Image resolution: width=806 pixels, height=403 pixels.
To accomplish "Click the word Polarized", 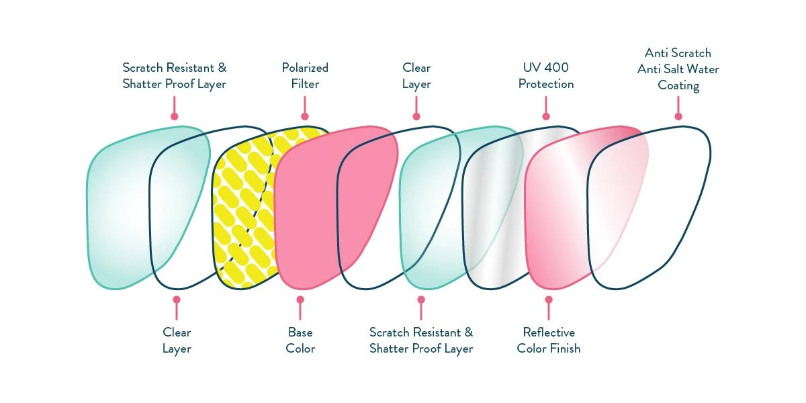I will [305, 68].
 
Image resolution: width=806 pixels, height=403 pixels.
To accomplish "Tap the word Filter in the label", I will [305, 84].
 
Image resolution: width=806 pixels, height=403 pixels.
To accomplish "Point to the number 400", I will [559, 68].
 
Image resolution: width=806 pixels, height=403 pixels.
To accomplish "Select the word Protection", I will [547, 84].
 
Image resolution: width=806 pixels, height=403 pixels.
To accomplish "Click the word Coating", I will [678, 85].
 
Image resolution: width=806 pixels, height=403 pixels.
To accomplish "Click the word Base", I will [300, 332].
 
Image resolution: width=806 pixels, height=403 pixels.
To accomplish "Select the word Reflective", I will [549, 332].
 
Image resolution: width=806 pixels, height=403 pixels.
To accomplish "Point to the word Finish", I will [566, 349].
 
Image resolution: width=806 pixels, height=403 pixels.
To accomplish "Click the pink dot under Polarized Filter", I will [304, 116].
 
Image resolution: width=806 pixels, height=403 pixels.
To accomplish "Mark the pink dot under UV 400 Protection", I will [546, 116].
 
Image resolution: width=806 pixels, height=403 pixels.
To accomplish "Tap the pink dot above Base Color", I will [300, 300].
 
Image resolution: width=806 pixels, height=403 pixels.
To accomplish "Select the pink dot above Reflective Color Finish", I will [549, 300].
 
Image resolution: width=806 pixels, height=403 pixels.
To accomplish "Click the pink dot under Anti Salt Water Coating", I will [678, 116].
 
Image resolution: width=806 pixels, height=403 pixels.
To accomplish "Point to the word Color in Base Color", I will [300, 349].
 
